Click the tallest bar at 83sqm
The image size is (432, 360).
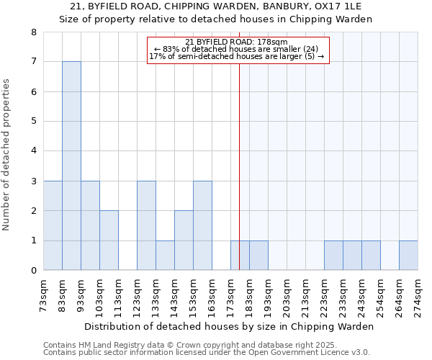click(71, 166)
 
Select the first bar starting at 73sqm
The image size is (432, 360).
click(53, 225)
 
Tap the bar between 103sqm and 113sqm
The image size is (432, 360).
click(109, 240)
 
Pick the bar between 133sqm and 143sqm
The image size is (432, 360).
click(165, 256)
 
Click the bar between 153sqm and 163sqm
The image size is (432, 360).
click(202, 225)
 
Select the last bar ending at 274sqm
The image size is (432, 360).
click(408, 256)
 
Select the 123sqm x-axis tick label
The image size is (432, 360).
click(138, 295)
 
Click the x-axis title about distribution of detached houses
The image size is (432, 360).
click(229, 326)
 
